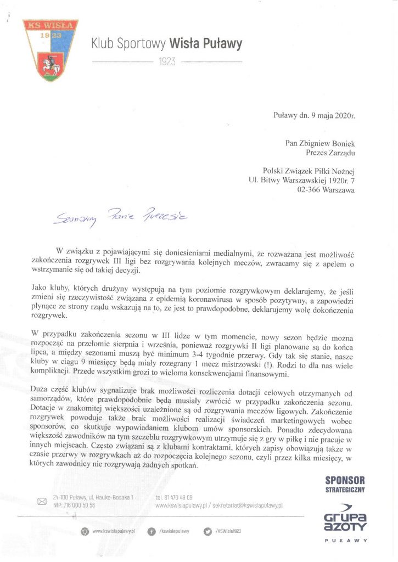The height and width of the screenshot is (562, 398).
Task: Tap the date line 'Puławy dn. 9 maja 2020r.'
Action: [x=314, y=116]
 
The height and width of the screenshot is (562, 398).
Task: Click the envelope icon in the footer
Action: [x=42, y=501]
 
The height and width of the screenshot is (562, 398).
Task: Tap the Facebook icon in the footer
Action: [x=151, y=531]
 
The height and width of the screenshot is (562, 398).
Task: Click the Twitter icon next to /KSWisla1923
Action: [x=208, y=531]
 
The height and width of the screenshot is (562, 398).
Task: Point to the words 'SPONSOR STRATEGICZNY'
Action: [x=345, y=484]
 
